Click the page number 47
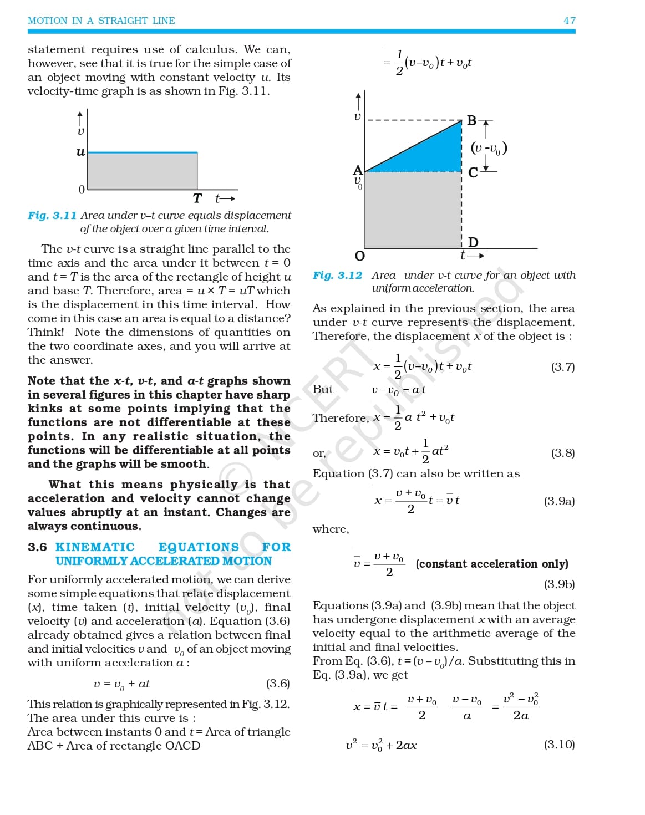tap(569, 21)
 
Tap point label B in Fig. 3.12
tap(471, 120)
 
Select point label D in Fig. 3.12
tap(473, 242)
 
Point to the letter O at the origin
tap(359, 256)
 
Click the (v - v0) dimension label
tap(489, 148)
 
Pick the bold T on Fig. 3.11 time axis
tap(197, 198)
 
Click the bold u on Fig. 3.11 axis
tap(81, 151)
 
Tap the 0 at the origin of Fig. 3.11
tap(82, 190)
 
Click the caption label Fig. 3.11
tap(52, 215)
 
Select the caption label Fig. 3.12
tap(337, 275)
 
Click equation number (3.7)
tap(562, 367)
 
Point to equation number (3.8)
tap(562, 453)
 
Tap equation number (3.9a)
tap(559, 501)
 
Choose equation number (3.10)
tap(559, 745)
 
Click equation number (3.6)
tap(278, 684)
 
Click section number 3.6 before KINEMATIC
tap(37, 547)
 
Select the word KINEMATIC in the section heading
tap(95, 547)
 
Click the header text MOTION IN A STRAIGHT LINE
tap(101, 21)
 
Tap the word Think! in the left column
tap(46, 332)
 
